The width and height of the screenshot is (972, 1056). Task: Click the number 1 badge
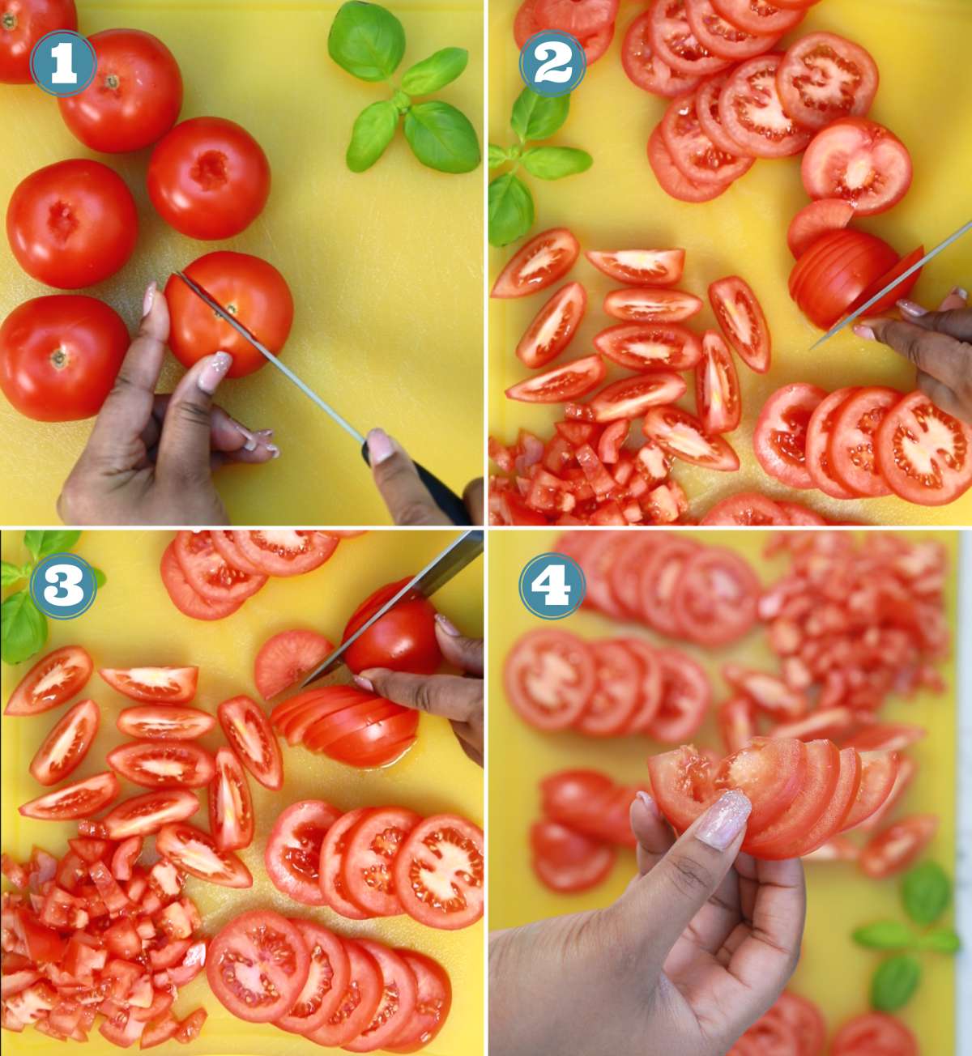coord(63,63)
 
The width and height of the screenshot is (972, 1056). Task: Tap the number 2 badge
coord(552,63)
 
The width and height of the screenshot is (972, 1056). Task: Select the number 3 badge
coord(63,585)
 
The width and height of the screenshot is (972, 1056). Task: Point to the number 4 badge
coord(552,585)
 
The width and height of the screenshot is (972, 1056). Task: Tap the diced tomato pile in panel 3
coord(97,939)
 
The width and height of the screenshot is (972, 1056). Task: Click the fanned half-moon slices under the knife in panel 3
coord(348,725)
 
